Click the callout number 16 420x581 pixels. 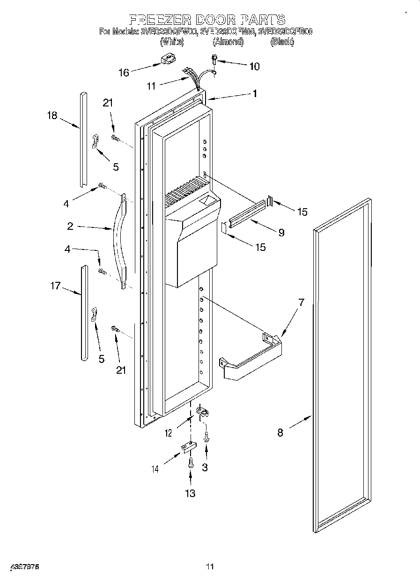(124, 72)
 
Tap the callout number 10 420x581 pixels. (254, 66)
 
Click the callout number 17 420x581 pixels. (55, 285)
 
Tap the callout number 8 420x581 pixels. (280, 433)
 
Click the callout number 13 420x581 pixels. (190, 493)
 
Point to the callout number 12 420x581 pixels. (169, 433)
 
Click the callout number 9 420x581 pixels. (281, 232)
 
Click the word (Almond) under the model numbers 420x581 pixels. (228, 42)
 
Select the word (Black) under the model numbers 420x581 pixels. (282, 42)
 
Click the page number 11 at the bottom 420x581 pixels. (210, 566)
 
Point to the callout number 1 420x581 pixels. (254, 93)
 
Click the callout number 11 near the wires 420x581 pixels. (151, 86)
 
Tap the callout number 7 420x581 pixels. (301, 302)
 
